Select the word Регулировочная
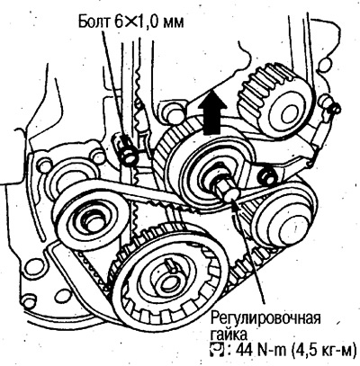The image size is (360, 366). click(265, 319)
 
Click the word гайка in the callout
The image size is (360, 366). click(229, 335)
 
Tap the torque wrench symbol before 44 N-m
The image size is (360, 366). click(217, 350)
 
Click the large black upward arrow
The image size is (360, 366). click(214, 113)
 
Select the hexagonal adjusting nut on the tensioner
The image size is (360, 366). click(222, 187)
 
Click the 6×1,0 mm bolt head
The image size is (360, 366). click(129, 157)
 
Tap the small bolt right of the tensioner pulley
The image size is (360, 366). click(266, 174)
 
